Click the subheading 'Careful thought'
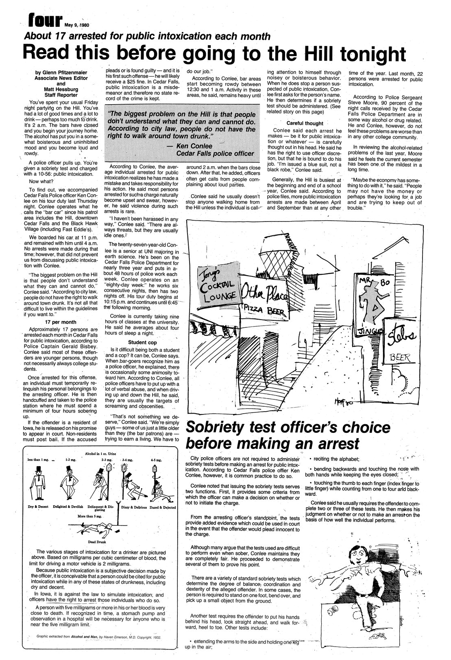pos(305,123)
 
